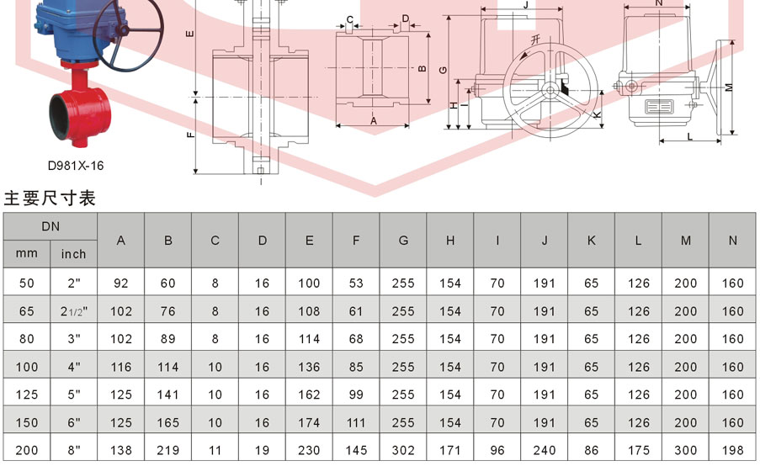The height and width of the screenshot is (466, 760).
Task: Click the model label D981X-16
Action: [76, 166]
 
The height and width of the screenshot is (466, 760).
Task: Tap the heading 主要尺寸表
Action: [50, 199]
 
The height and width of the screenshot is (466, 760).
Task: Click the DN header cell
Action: [50, 226]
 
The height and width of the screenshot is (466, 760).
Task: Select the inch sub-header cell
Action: [74, 254]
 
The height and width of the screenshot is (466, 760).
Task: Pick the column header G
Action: [403, 241]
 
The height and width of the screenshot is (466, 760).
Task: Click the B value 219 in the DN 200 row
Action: [167, 451]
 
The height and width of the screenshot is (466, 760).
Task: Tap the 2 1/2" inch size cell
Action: [74, 311]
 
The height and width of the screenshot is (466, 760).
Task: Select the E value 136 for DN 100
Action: [309, 368]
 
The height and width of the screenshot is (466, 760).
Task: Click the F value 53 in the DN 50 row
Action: [356, 283]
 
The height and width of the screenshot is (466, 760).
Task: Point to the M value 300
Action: [685, 451]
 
